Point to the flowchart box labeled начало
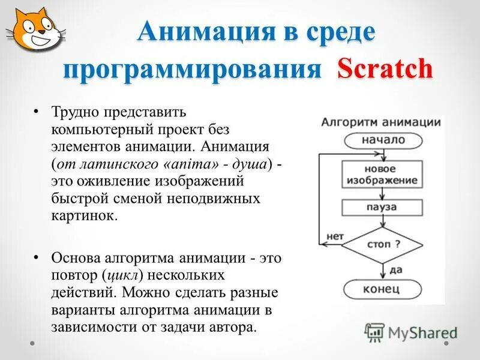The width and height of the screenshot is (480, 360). click(382, 140)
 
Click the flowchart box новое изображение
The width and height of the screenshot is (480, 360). click(382, 174)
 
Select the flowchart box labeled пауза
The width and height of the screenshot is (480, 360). click(382, 207)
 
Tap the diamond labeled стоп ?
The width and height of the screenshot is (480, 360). click(382, 245)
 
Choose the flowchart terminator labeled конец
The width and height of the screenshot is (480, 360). click(382, 289)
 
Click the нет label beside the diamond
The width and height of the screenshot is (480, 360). click(334, 236)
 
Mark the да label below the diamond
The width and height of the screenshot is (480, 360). click(395, 270)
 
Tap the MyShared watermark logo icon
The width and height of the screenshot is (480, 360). click(375, 332)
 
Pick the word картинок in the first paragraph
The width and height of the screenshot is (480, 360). click(81, 215)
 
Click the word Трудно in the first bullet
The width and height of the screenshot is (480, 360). click(76, 112)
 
